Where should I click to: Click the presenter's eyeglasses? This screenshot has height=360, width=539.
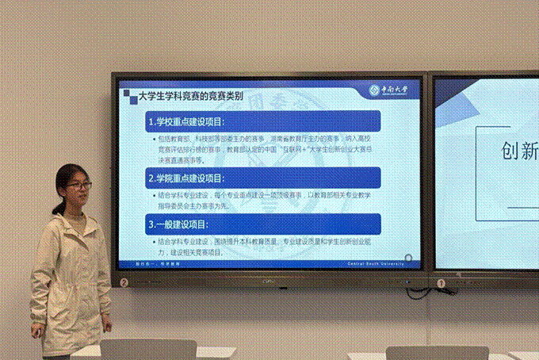(78, 186)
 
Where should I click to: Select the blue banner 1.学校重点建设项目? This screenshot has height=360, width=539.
(262, 122)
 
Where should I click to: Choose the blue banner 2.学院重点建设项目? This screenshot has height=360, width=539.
(262, 177)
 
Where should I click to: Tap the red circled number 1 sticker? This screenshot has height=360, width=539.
(441, 281)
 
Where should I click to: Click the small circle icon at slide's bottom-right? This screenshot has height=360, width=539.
(408, 258)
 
